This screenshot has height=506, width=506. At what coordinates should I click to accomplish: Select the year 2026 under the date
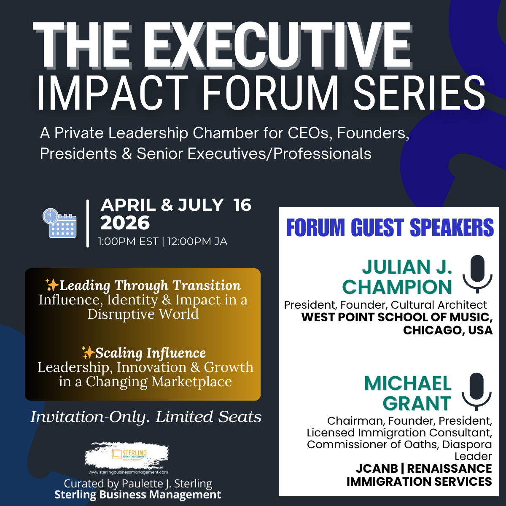point(125,223)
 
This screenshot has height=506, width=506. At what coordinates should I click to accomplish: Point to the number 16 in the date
point(242,205)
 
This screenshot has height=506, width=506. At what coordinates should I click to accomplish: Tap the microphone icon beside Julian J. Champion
point(477,274)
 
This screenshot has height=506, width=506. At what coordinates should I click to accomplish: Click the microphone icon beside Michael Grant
point(476,391)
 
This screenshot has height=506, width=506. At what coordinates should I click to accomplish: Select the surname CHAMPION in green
point(397,287)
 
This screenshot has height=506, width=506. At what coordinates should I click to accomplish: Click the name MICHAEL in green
point(408,383)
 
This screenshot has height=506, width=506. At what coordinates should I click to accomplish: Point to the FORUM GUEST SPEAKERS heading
point(390,228)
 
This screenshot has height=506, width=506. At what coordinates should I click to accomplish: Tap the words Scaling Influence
point(151,353)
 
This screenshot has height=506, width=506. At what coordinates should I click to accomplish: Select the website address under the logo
point(128,472)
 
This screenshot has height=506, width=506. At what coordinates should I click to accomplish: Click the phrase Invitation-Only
point(91,417)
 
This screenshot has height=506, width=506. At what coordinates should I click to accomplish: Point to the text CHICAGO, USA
point(448,330)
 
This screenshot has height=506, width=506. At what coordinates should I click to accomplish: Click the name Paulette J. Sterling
point(167,483)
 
